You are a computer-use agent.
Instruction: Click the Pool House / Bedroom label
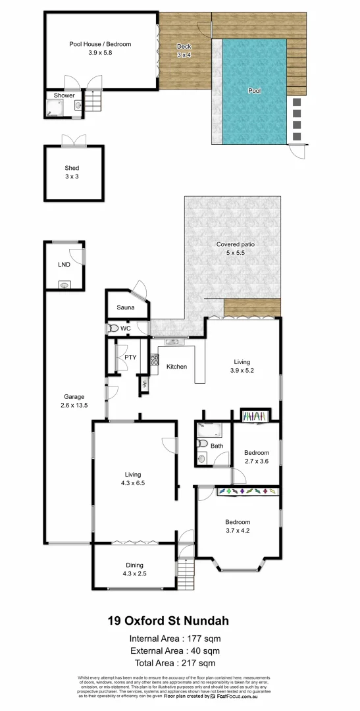(x=100, y=44)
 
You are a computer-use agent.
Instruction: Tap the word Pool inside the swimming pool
(x=254, y=91)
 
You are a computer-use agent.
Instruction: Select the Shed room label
(x=72, y=169)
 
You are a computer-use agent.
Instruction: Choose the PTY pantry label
(x=130, y=357)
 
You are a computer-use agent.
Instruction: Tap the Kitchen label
(x=176, y=367)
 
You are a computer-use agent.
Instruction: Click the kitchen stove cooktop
(x=155, y=360)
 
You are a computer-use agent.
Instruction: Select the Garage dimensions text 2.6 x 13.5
(x=74, y=405)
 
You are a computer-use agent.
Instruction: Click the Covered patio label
(x=236, y=244)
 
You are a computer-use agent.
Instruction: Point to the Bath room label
(x=216, y=446)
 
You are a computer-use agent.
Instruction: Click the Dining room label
(x=134, y=566)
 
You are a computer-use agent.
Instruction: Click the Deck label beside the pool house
(x=184, y=46)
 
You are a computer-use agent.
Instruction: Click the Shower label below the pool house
(x=64, y=95)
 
